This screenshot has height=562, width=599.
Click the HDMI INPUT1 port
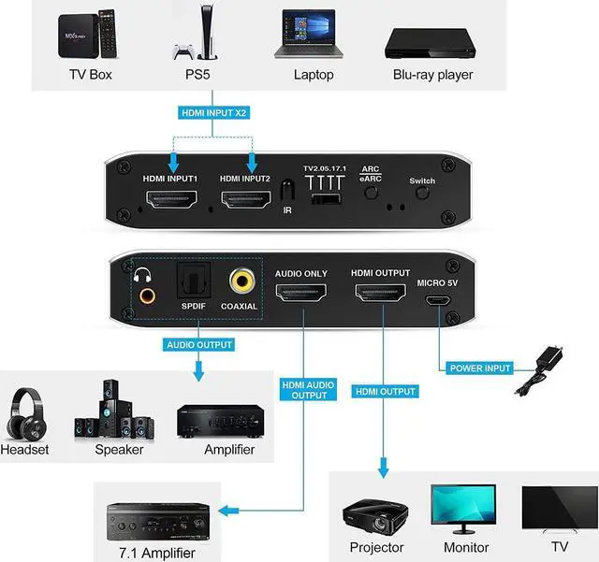(x=171, y=200)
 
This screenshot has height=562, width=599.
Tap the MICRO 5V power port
(x=437, y=302)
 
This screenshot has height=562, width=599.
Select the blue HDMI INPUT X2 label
(x=214, y=113)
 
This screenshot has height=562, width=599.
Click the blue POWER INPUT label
(x=478, y=368)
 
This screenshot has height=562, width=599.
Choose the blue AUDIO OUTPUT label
(x=199, y=344)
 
